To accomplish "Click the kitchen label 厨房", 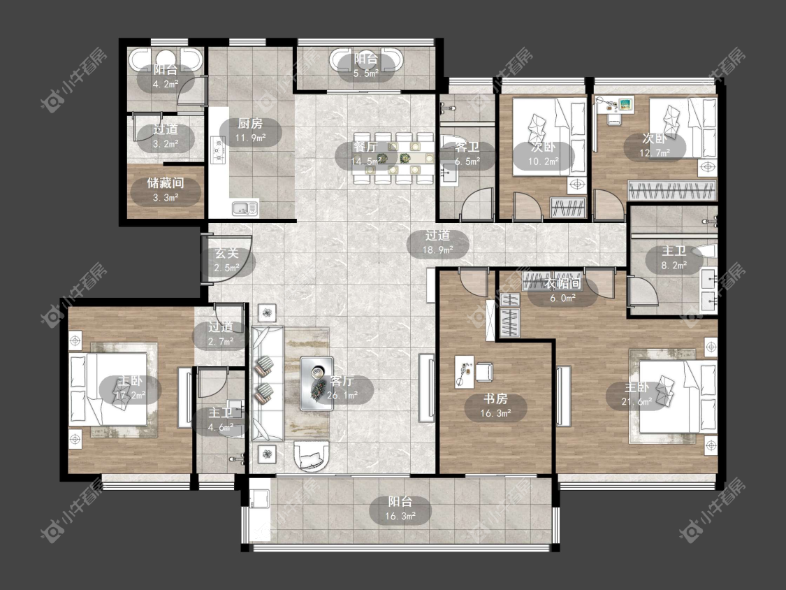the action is pyautogui.click(x=250, y=124).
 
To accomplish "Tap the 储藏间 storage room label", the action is pyautogui.click(x=166, y=183).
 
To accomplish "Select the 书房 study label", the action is pyautogui.click(x=495, y=399).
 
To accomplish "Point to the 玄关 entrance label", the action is pyautogui.click(x=226, y=253).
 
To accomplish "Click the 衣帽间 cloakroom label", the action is pyautogui.click(x=563, y=283).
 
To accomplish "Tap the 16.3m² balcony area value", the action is pyautogui.click(x=400, y=516).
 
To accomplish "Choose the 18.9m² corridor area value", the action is pyautogui.click(x=438, y=250).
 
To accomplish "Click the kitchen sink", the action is pyautogui.click(x=245, y=207).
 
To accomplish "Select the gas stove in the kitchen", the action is pyautogui.click(x=219, y=150).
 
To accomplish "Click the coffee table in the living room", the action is pyautogui.click(x=316, y=384).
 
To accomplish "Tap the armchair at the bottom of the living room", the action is pyautogui.click(x=312, y=456).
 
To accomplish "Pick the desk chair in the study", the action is pyautogui.click(x=484, y=371).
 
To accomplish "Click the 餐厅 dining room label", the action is pyautogui.click(x=365, y=147).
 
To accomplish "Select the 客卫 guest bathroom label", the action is pyautogui.click(x=467, y=147).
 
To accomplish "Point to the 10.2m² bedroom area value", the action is pyautogui.click(x=544, y=161).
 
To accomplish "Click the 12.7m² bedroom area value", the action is pyautogui.click(x=654, y=152).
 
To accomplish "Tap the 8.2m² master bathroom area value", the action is pyautogui.click(x=674, y=266).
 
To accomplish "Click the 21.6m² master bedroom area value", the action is pyautogui.click(x=636, y=401).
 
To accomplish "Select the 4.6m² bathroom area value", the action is pyautogui.click(x=221, y=427).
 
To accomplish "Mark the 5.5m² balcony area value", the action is pyautogui.click(x=366, y=73).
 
